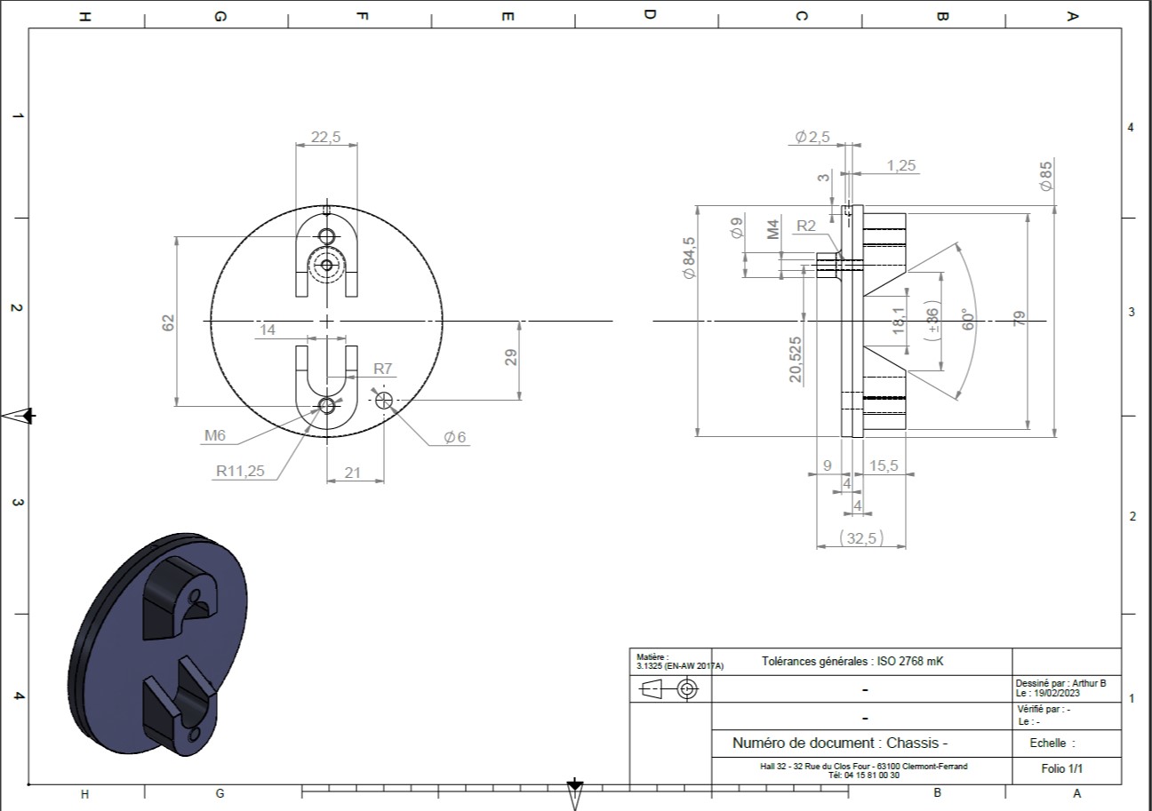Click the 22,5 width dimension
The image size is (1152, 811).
click(x=325, y=137)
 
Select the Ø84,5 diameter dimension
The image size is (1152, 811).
click(x=689, y=258)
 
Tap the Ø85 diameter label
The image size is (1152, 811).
click(x=1046, y=176)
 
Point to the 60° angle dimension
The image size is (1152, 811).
click(x=967, y=319)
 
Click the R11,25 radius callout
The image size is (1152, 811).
click(x=240, y=471)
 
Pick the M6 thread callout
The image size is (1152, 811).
click(x=215, y=435)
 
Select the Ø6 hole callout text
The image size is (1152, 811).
click(x=454, y=437)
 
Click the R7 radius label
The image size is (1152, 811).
click(x=382, y=369)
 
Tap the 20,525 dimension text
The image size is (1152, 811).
click(x=795, y=360)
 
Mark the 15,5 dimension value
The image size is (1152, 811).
click(x=884, y=465)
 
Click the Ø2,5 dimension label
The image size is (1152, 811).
click(x=812, y=137)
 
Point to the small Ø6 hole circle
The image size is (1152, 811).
click(x=384, y=400)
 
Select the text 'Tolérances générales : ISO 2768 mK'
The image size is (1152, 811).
click(x=852, y=662)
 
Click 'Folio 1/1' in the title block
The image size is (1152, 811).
click(x=1061, y=768)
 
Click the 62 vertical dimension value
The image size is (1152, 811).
click(x=168, y=322)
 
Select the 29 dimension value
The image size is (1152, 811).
click(x=511, y=357)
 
